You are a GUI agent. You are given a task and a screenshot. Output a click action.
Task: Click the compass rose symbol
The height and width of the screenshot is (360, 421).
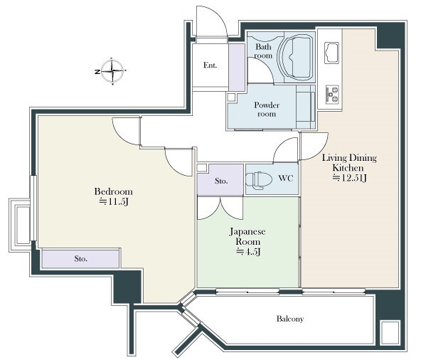(x=112, y=71)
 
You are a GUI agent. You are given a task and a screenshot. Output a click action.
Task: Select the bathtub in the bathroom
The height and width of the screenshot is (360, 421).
(x=297, y=58)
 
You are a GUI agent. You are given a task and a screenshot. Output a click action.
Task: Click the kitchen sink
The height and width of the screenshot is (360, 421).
(x=332, y=53)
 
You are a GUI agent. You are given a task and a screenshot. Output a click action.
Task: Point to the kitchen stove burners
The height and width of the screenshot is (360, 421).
(x=332, y=95)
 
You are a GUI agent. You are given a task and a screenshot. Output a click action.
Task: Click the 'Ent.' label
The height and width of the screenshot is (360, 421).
(x=210, y=65)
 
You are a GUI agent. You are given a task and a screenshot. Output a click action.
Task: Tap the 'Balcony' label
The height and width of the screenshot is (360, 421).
(x=290, y=319)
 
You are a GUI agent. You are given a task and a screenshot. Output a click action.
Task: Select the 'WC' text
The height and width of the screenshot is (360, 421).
(x=286, y=178)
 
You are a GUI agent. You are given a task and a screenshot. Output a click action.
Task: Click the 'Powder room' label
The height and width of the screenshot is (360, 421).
(x=267, y=109)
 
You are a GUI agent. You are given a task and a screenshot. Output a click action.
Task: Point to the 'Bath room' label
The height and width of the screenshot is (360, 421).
(x=263, y=51)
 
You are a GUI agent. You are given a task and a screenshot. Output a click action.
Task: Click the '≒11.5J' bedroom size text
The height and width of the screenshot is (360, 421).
(x=114, y=201)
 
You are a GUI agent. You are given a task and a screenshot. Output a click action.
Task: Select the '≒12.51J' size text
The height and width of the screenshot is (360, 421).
(x=350, y=178)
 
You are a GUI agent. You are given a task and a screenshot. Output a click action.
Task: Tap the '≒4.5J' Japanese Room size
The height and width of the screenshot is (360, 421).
(x=247, y=251)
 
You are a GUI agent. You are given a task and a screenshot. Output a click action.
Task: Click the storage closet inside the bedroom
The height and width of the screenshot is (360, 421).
(x=80, y=259)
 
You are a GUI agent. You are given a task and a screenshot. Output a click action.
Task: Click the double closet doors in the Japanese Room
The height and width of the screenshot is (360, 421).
(x=220, y=208)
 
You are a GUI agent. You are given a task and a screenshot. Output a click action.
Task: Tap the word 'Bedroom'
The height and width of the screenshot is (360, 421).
(x=114, y=191)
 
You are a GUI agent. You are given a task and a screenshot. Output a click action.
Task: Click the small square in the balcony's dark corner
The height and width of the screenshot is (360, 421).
(x=390, y=332)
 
